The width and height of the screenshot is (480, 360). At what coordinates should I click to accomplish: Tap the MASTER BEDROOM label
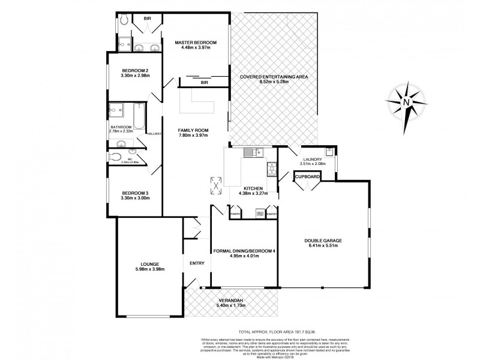pyautogui.click(x=196, y=43)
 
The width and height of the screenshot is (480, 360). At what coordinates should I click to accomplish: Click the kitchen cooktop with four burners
pyautogui.click(x=271, y=170)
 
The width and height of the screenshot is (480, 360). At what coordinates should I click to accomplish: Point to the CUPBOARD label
pyautogui.click(x=307, y=176)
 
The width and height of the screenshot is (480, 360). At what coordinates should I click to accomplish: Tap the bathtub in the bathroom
pyautogui.click(x=139, y=116)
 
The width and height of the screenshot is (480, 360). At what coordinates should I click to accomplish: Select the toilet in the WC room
pyautogui.click(x=116, y=157)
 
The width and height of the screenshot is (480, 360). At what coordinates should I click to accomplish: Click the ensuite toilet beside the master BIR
pyautogui.click(x=122, y=20)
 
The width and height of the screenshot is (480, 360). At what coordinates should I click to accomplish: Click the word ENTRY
pyautogui.click(x=197, y=263)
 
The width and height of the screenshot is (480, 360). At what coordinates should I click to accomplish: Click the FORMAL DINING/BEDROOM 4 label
pyautogui.click(x=244, y=250)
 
